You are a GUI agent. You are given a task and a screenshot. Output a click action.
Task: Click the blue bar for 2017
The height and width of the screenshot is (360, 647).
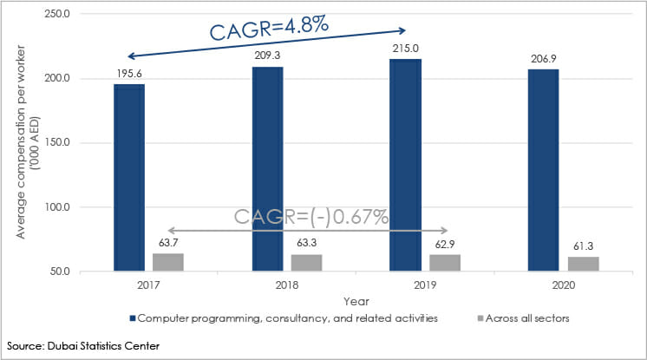coord(129,178)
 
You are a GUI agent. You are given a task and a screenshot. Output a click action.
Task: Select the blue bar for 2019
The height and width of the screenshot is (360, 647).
coord(405,165)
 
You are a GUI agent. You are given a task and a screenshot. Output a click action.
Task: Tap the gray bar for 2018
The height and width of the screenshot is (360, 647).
coord(307,263)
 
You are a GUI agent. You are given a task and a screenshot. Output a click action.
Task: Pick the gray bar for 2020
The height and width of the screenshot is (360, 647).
coord(583,264)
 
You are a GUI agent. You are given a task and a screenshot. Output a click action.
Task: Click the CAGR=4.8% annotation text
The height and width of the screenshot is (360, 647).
coord(269,26)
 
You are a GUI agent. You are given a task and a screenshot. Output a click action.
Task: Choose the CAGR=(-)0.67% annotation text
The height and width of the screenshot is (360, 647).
coord(310,216)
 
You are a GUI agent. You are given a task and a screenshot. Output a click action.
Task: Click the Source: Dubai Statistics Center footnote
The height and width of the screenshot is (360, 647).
coord(82,347)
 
